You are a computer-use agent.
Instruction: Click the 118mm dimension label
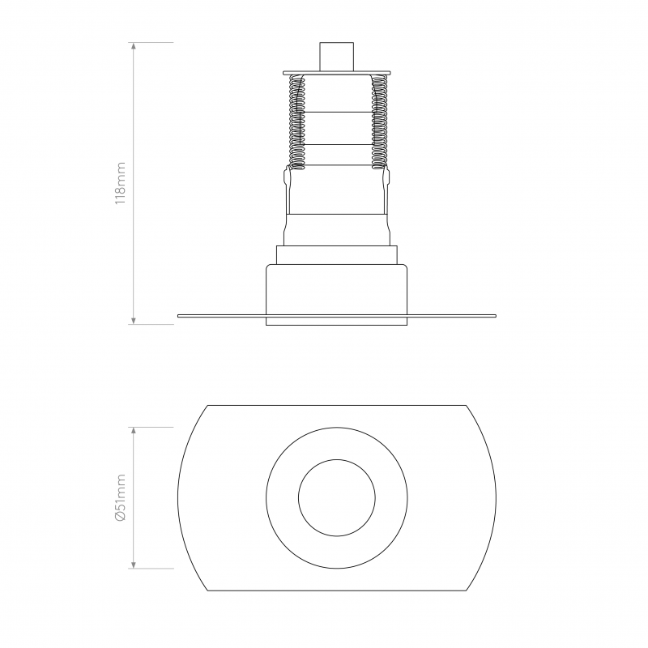click(x=120, y=183)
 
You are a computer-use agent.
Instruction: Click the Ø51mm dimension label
click(x=120, y=497)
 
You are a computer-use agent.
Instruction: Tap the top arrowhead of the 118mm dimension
click(x=134, y=46)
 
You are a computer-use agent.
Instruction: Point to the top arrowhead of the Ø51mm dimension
click(x=134, y=431)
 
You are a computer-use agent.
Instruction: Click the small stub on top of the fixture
click(x=336, y=57)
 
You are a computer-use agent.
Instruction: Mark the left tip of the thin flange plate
click(x=180, y=315)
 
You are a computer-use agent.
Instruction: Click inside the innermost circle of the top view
click(x=336, y=498)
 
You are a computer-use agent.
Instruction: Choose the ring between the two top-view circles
click(x=282, y=498)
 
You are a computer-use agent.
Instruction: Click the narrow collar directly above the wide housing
click(x=336, y=254)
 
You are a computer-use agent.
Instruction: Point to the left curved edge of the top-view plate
click(x=179, y=498)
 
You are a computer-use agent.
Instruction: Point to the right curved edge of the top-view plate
click(x=494, y=498)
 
